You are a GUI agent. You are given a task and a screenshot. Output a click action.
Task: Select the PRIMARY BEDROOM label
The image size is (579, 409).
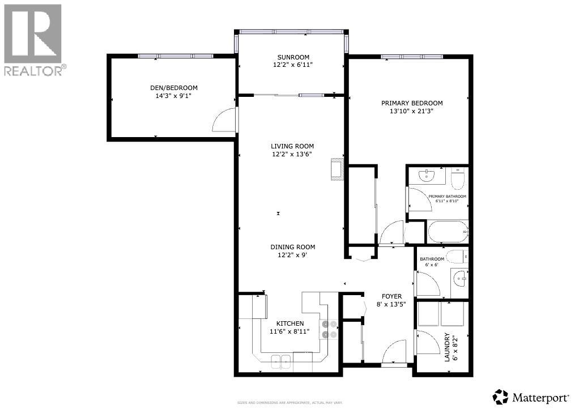point(411,103)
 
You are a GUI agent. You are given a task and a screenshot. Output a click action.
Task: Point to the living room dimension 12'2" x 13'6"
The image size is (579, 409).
point(292,154)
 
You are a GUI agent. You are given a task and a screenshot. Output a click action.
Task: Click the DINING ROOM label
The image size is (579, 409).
point(292,247)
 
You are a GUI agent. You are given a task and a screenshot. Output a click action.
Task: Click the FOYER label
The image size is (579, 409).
point(391,296)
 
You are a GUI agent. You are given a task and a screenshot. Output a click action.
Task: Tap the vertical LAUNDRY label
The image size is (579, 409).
point(447,347)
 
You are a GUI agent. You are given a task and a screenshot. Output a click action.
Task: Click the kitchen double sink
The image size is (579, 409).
point(280,360)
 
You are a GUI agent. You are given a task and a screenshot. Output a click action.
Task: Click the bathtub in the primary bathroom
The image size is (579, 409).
point(448,232)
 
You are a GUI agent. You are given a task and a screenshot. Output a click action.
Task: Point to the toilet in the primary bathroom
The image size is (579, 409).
point(458,179)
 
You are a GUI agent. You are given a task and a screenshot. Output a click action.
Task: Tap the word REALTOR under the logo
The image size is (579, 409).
point(34,71)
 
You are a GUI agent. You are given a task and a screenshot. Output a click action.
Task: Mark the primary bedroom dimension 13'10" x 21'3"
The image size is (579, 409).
point(411,111)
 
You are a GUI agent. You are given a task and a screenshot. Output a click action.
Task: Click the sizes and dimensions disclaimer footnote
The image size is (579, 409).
point(289,403)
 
